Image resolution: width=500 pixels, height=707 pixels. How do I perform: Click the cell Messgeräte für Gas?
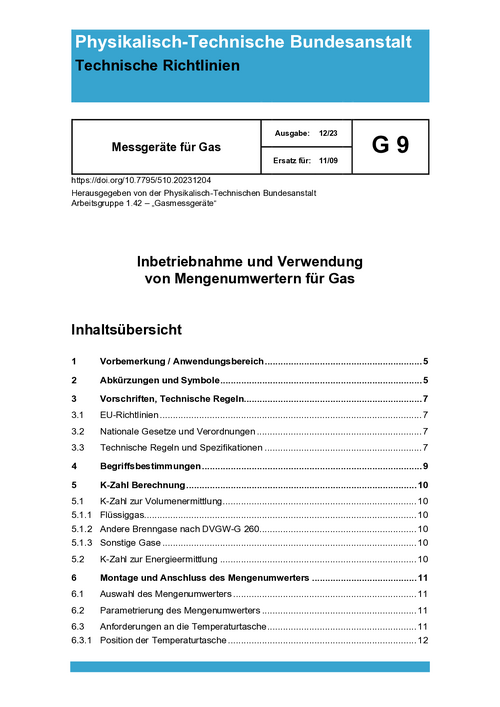pyautogui.click(x=165, y=147)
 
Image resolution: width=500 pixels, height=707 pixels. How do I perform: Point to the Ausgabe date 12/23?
pyautogui.click(x=328, y=132)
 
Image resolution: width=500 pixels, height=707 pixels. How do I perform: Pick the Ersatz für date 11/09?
pyautogui.click(x=329, y=160)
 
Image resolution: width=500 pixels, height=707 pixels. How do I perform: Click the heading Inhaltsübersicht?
pyautogui.click(x=126, y=328)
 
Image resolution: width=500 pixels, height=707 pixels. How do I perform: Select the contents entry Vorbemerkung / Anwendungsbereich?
pyautogui.click(x=181, y=361)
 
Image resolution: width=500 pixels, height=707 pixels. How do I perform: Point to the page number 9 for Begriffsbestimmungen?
pyautogui.click(x=425, y=467)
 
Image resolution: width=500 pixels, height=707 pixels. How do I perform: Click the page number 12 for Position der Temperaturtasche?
pyautogui.click(x=423, y=640)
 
